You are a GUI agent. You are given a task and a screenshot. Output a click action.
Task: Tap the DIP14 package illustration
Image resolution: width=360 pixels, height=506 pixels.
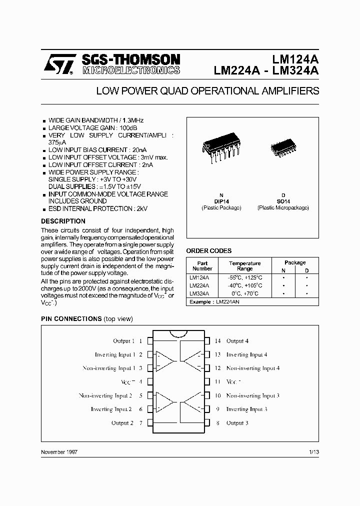pyautogui.click(x=220, y=147)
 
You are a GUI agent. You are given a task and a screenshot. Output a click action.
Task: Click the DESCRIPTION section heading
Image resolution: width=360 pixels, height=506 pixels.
pyautogui.click(x=63, y=221)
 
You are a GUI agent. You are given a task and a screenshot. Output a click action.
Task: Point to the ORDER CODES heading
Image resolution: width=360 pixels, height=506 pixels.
pyautogui.click(x=209, y=251)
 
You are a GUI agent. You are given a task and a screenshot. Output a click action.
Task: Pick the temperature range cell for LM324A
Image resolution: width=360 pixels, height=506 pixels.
pyautogui.click(x=245, y=293)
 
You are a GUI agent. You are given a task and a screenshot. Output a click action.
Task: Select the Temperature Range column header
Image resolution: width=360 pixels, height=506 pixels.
pyautogui.click(x=245, y=265)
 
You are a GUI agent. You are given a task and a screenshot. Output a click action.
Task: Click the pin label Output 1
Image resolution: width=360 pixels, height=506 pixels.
pyautogui.click(x=124, y=341)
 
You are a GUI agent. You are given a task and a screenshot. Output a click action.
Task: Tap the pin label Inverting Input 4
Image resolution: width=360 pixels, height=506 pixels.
pyautogui.click(x=246, y=354)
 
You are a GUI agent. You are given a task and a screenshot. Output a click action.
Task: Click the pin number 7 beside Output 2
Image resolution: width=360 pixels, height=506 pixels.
pyautogui.click(x=141, y=423)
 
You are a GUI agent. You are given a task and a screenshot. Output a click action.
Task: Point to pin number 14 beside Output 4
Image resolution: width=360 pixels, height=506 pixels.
pyautogui.click(x=217, y=341)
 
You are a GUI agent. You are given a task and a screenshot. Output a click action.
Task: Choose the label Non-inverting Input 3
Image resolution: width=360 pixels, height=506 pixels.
pyautogui.click(x=252, y=395)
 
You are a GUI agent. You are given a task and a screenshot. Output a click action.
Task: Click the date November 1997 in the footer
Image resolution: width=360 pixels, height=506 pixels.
pyautogui.click(x=59, y=451)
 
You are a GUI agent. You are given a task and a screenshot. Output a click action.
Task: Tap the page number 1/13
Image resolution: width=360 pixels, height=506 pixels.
pyautogui.click(x=314, y=451)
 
